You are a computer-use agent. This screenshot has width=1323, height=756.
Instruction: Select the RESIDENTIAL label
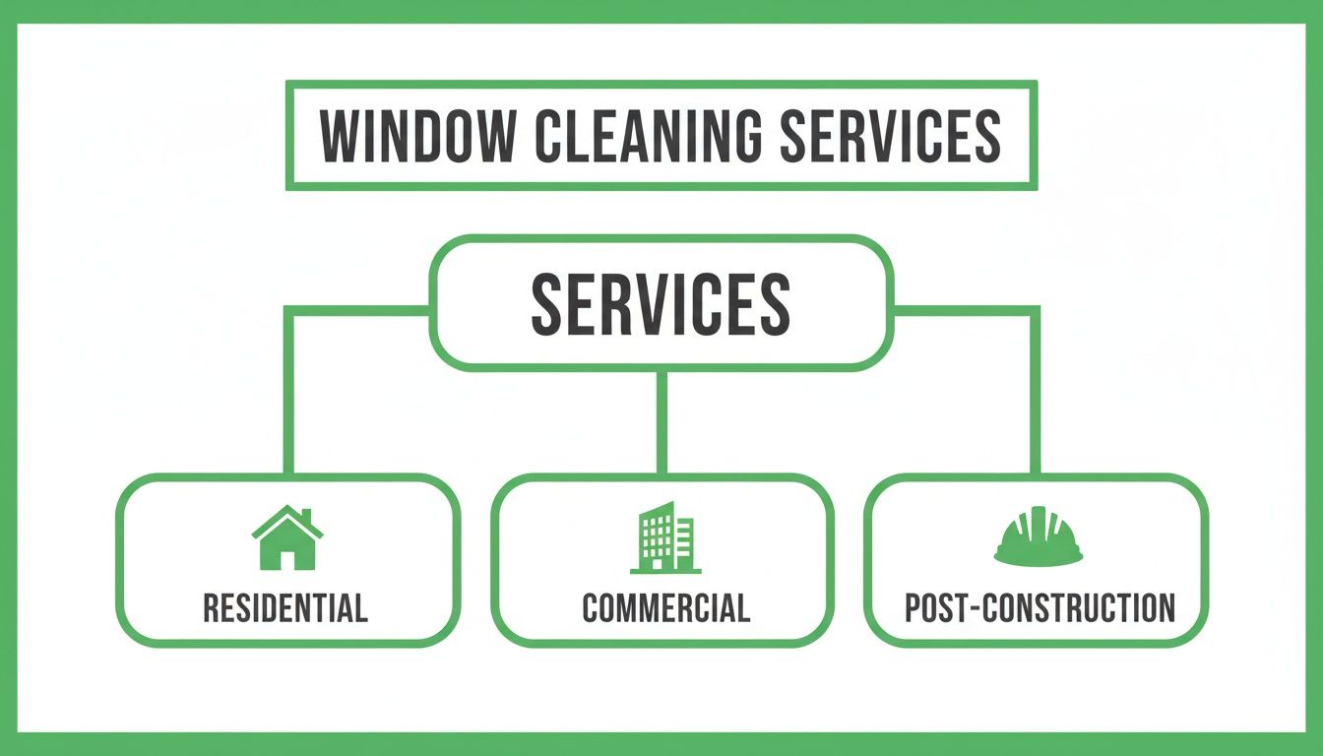point(285,607)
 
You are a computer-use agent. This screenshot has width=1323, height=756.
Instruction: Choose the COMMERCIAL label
point(665,607)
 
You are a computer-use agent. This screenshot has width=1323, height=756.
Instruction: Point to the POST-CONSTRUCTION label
point(1039,607)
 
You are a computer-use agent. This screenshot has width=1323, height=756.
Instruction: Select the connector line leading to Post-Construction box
point(1035,394)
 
